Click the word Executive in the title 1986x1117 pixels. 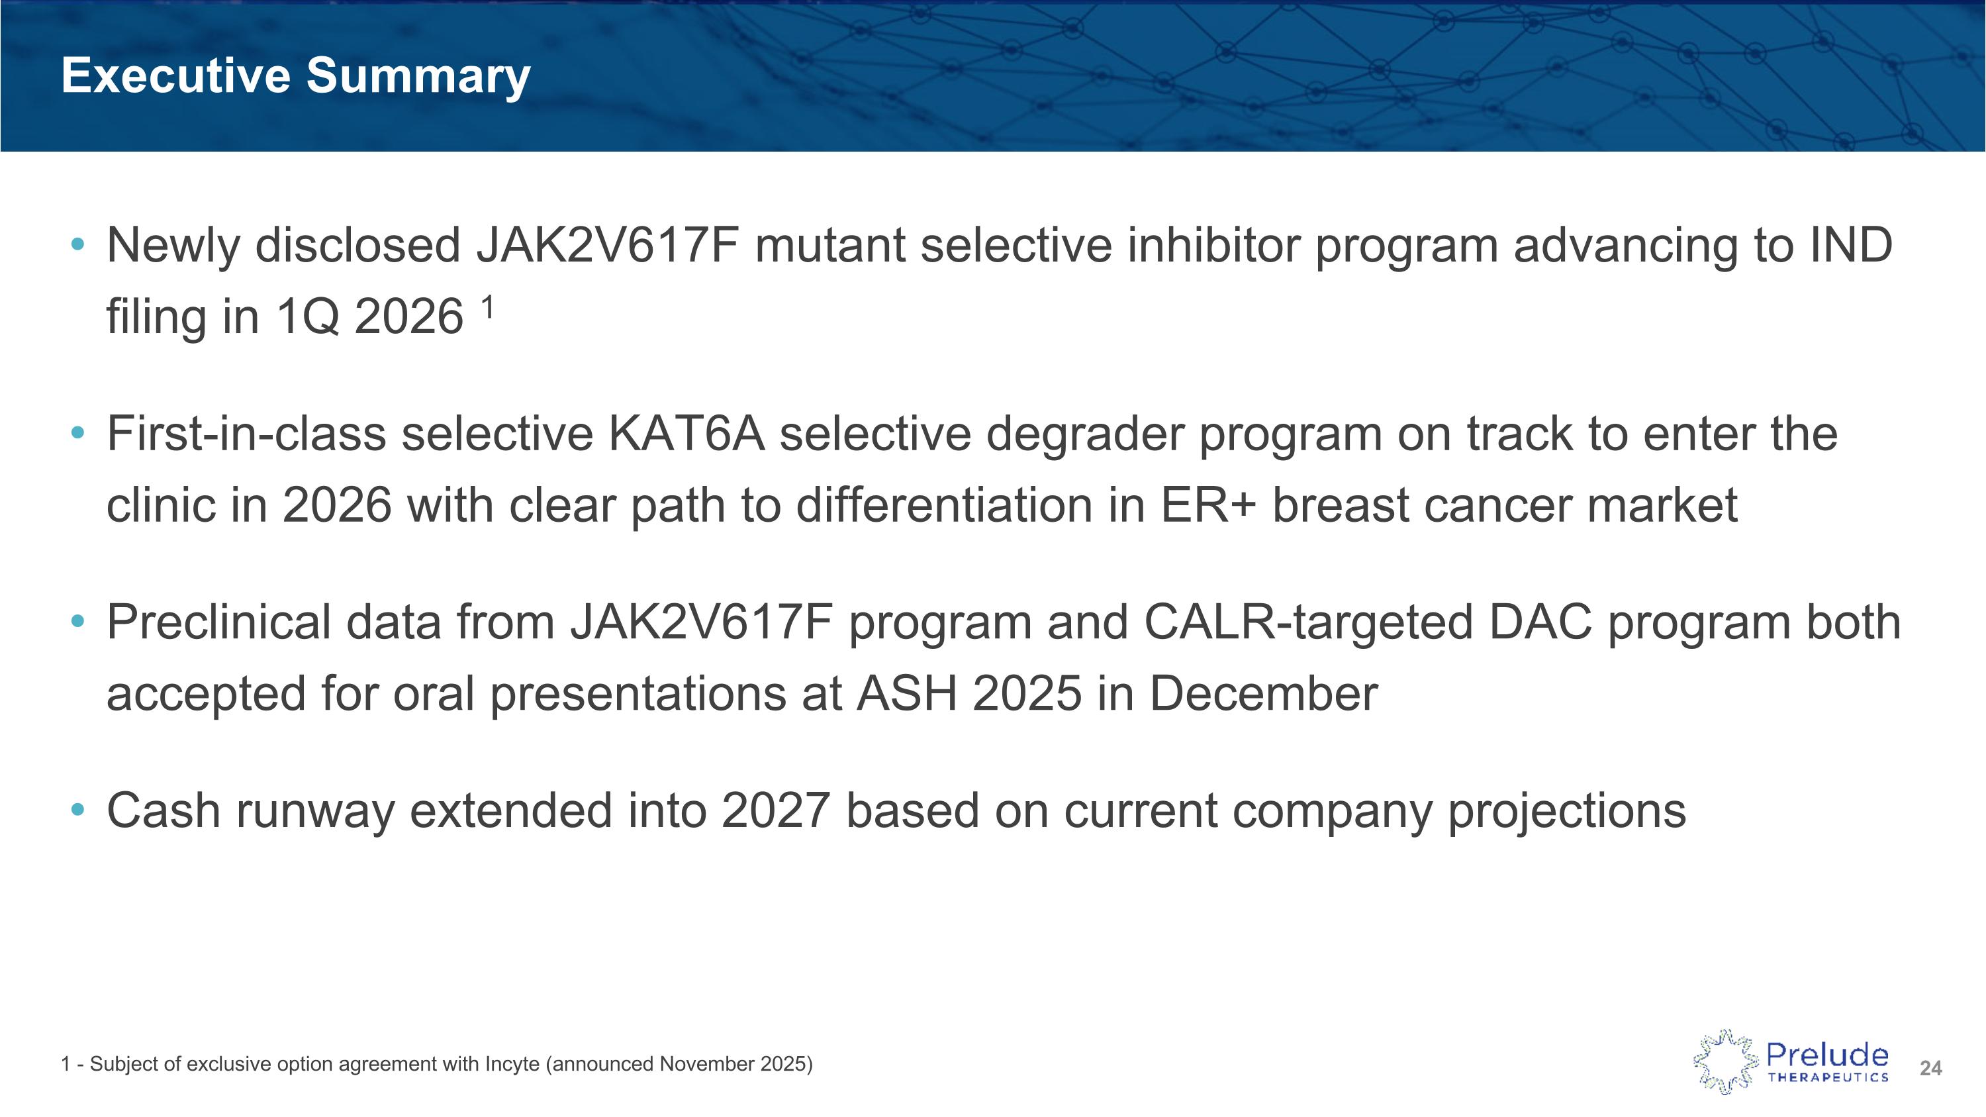[x=175, y=75]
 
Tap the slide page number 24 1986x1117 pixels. [x=1930, y=1069]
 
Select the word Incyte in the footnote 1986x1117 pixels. [x=512, y=1065]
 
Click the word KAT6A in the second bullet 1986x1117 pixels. [x=686, y=434]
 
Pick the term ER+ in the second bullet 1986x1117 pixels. [x=1207, y=506]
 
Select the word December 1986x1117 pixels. [x=1263, y=694]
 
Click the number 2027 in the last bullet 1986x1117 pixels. [x=776, y=811]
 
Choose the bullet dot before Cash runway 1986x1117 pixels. [x=77, y=810]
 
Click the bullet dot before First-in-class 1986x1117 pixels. [x=77, y=433]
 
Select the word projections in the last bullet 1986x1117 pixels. [x=1566, y=812]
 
